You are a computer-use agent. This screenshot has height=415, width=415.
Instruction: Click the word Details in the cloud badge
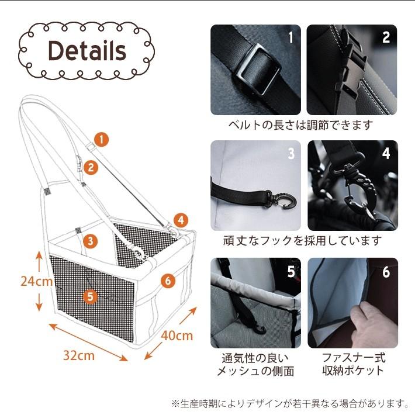tap(87, 51)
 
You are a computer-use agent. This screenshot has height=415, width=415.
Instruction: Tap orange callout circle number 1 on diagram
tap(102, 139)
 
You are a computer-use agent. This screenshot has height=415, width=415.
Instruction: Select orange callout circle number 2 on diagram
tap(91, 168)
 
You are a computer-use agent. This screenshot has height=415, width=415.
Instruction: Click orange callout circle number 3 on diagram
tap(91, 241)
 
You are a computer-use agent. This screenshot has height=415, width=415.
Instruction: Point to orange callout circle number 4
tap(181, 220)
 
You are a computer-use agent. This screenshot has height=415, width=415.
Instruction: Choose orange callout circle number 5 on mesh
tap(91, 297)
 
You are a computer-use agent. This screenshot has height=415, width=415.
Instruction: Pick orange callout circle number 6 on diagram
tap(168, 281)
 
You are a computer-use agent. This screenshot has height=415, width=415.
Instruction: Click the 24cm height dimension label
tap(36, 281)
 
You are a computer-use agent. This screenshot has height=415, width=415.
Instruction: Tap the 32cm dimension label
tap(79, 355)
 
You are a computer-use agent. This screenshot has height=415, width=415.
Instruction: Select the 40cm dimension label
tap(177, 336)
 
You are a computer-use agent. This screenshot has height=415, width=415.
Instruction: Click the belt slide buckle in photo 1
tap(257, 70)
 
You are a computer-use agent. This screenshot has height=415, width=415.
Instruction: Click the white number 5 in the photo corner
tap(291, 271)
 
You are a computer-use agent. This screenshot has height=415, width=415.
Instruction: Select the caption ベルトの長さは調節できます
tap(301, 125)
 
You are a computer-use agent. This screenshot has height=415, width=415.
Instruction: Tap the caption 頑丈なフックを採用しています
tap(303, 241)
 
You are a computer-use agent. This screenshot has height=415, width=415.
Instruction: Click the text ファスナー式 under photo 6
tap(354, 358)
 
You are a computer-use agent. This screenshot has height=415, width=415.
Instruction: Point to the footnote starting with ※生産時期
tap(290, 403)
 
